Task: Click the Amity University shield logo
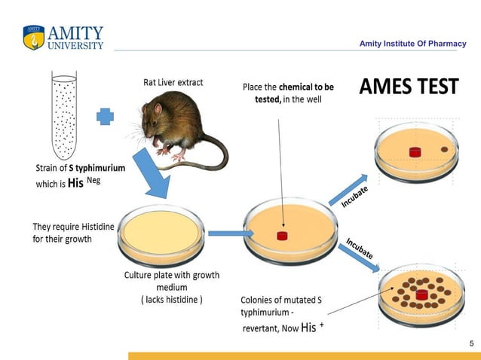[34, 38]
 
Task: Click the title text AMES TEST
[408, 87]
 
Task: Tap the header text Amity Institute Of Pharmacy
[412, 44]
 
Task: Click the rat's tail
[211, 154]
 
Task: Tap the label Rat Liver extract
[173, 82]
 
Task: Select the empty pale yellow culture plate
[160, 231]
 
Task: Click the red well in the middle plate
[283, 236]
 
